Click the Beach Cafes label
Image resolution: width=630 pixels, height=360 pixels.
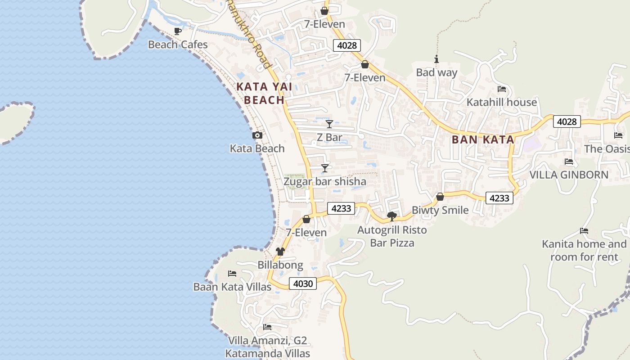click(178, 45)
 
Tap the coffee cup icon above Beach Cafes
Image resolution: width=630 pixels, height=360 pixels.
click(178, 31)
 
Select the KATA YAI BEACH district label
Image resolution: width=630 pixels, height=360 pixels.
click(265, 93)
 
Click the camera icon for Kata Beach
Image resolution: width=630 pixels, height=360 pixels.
click(257, 135)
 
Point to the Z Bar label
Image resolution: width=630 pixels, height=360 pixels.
click(329, 137)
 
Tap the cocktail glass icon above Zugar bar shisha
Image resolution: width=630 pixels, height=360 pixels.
click(325, 168)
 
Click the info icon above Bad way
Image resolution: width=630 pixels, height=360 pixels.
click(436, 59)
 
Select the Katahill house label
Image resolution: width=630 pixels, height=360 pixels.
click(502, 102)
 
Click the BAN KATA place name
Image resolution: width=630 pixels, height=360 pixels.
click(483, 139)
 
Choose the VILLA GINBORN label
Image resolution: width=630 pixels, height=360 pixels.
click(569, 175)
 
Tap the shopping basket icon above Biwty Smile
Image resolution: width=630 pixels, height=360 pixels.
click(440, 197)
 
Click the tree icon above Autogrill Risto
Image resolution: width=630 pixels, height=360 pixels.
click(392, 216)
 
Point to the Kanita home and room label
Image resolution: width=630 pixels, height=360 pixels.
click(584, 250)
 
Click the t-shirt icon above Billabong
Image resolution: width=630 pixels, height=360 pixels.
click(280, 251)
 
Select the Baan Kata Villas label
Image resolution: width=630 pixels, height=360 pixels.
click(232, 287)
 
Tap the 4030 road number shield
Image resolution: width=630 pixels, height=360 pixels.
click(302, 283)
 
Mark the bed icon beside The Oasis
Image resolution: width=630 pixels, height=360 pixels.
click(618, 135)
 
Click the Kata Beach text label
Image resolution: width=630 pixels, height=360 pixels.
click(257, 148)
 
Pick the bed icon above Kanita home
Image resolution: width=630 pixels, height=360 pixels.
click(584, 231)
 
